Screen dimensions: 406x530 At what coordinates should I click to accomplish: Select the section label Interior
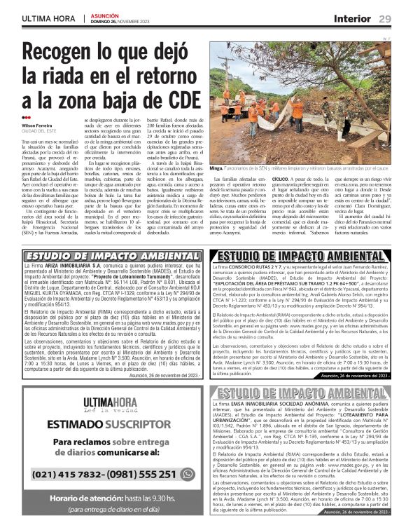pyautogui.click(x=352, y=18)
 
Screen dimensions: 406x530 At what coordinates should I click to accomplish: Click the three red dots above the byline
pyautogui.click(x=27, y=118)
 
